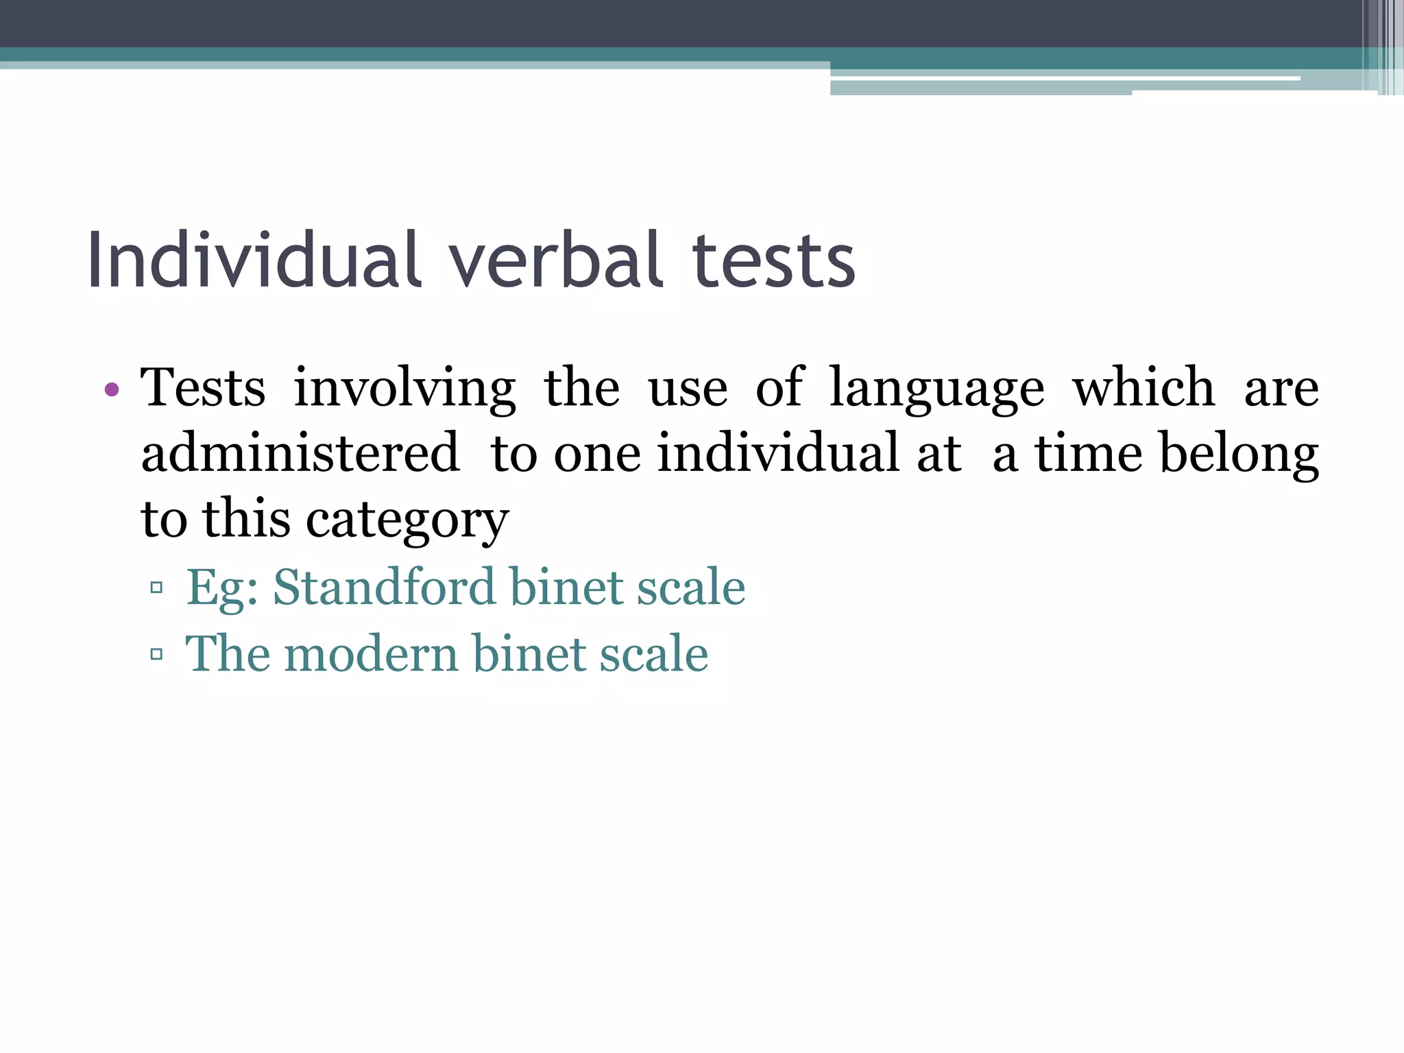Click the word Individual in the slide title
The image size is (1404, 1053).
[254, 261]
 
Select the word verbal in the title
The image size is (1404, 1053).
[556, 261]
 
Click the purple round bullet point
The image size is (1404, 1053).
[112, 391]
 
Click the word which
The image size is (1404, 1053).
[1143, 388]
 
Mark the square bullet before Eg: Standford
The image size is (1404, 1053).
[156, 588]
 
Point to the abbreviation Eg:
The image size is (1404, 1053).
[222, 588]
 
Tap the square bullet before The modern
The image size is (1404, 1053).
[156, 654]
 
